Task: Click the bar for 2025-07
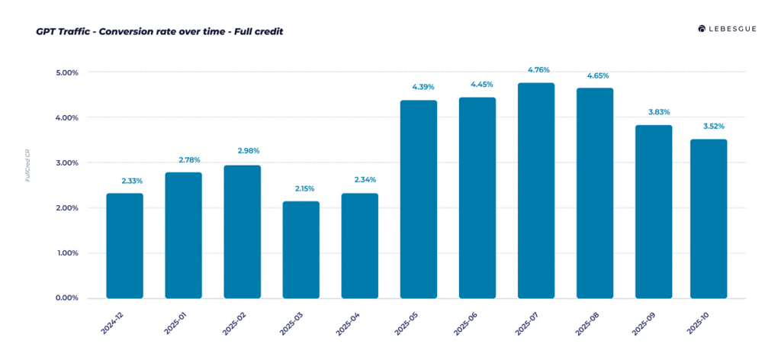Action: [536, 191]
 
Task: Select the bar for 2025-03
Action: [301, 249]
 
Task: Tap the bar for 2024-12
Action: [124, 246]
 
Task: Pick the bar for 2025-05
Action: [419, 199]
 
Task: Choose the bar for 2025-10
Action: [709, 219]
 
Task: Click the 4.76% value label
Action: [538, 70]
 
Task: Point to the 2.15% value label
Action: [304, 188]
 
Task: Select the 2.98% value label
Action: [249, 151]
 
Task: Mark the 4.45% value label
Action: [482, 84]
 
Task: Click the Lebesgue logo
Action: [727, 29]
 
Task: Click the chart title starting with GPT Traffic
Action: [159, 32]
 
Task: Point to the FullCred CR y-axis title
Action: [28, 165]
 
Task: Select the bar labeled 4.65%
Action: [595, 193]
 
